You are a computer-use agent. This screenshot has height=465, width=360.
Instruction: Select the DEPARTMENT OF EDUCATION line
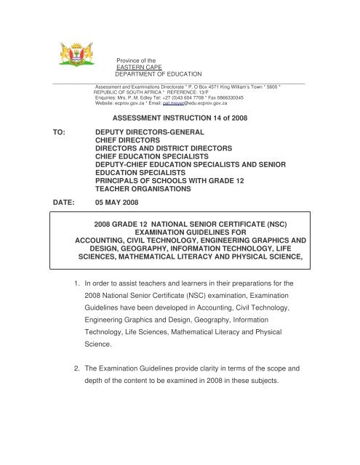pyautogui.click(x=158, y=74)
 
